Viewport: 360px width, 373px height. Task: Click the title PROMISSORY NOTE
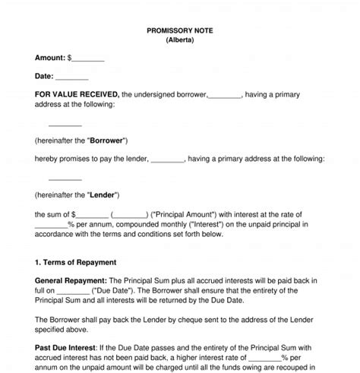(179, 32)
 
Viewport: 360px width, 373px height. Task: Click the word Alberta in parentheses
(179, 42)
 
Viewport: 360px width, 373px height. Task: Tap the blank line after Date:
(72, 76)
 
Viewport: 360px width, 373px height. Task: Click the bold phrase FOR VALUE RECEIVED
(76, 94)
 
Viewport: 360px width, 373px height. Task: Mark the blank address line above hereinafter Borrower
(65, 123)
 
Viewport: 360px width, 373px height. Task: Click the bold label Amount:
(49, 58)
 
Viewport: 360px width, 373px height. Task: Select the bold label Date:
(44, 76)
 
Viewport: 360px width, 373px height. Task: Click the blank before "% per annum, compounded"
(51, 225)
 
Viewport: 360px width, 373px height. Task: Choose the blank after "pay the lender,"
(167, 160)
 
